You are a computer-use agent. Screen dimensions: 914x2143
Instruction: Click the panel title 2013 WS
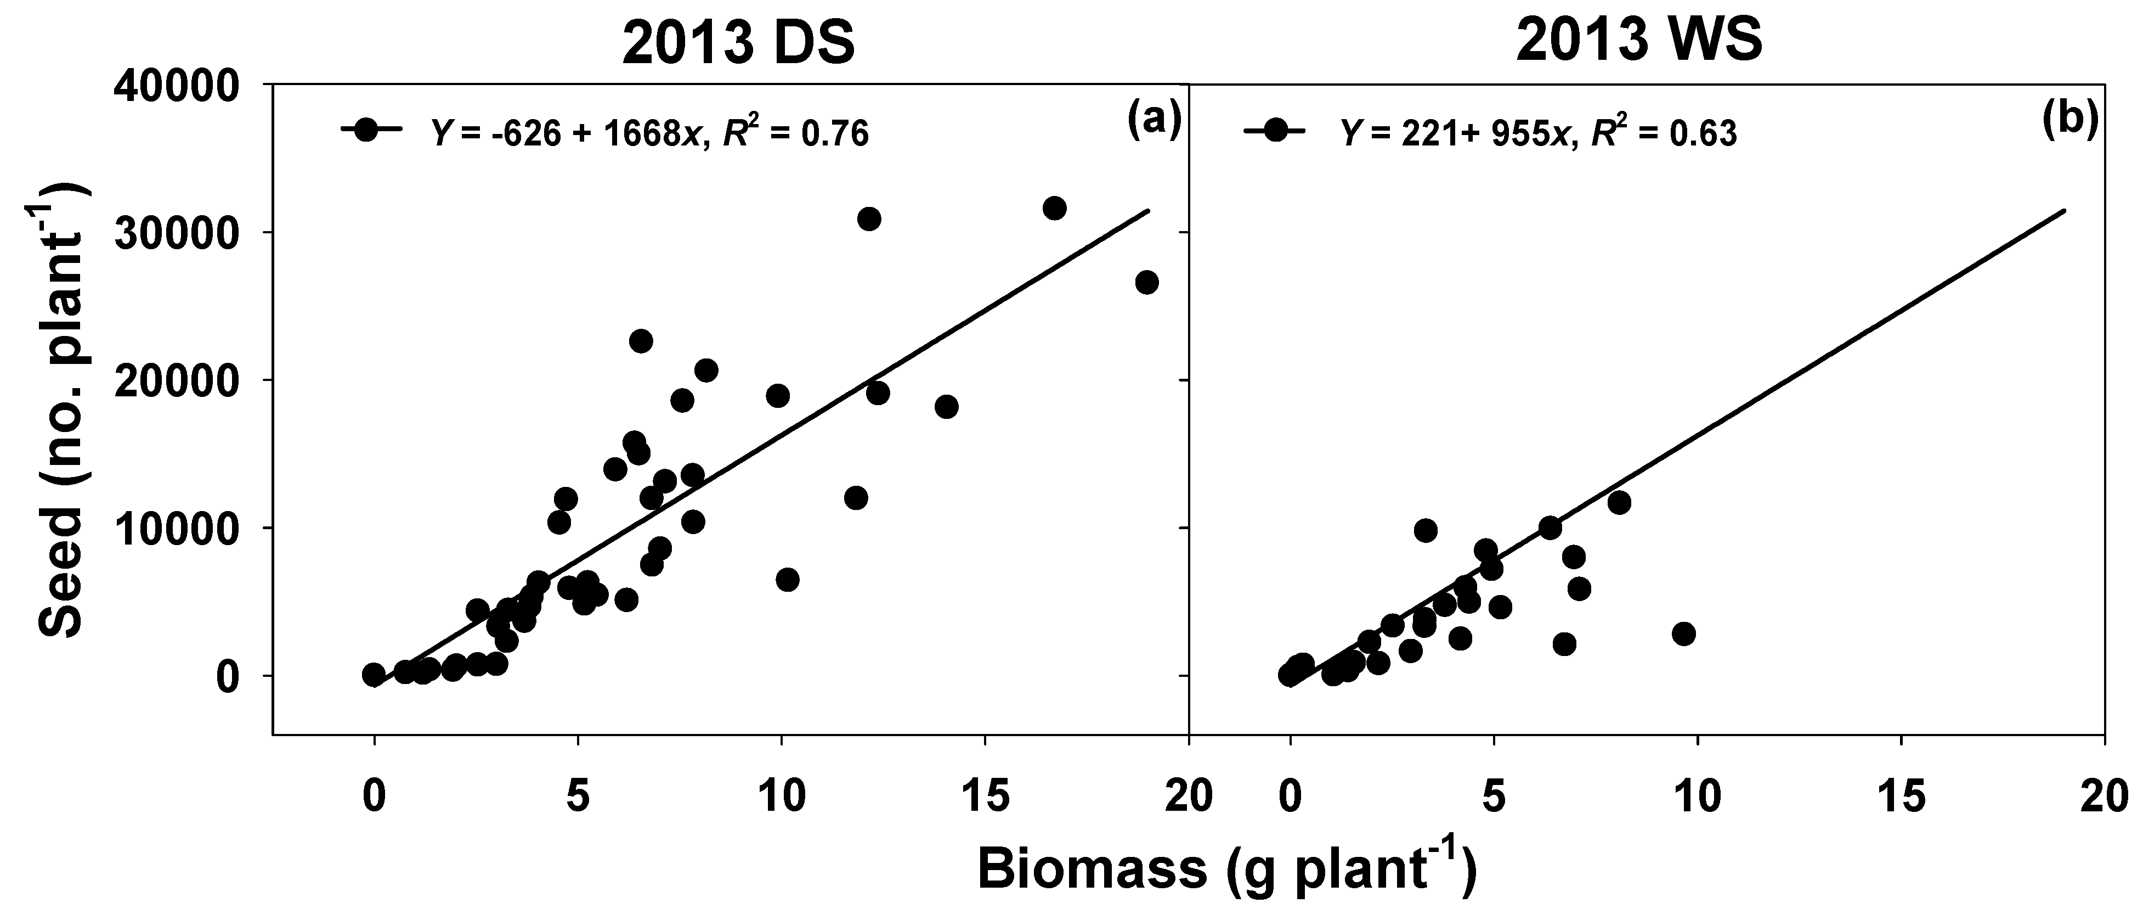(1639, 43)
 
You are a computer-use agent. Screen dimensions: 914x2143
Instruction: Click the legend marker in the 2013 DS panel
(367, 131)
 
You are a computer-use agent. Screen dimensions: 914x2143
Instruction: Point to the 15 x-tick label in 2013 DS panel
(985, 797)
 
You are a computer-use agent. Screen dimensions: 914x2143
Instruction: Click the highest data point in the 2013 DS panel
(1054, 208)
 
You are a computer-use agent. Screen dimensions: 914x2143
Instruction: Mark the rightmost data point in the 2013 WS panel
(1684, 634)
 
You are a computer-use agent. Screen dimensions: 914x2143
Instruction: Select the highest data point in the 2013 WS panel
(1619, 502)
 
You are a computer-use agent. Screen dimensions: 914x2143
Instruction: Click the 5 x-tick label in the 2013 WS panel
(1494, 797)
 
